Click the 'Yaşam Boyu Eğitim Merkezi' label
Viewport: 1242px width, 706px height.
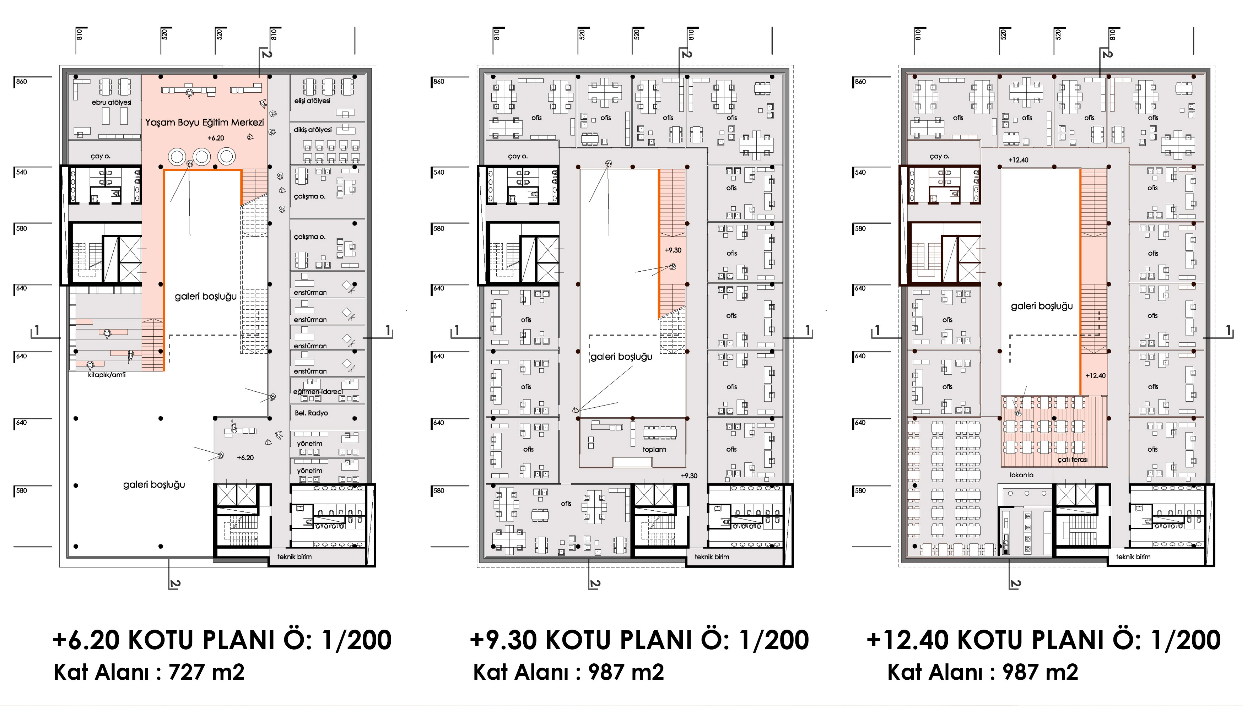coord(204,123)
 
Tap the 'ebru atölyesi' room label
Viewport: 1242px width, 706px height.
coord(112,102)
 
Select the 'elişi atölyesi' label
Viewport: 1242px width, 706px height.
coord(312,101)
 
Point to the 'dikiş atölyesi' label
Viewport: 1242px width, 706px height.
coord(312,130)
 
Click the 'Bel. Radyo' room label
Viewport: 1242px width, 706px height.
coord(311,413)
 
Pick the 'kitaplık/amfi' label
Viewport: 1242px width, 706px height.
coord(107,375)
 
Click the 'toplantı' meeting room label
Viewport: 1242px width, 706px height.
coord(654,450)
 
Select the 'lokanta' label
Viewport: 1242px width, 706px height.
coord(1021,475)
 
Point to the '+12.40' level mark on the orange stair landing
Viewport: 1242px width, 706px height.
coord(1096,376)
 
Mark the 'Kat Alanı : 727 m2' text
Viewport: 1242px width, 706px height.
coord(149,672)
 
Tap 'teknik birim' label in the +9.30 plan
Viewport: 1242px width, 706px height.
coord(712,557)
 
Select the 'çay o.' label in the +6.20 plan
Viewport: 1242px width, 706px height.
coord(101,156)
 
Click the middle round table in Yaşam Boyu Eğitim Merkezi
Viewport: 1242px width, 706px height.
coord(201,157)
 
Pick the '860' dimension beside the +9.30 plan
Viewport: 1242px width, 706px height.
coord(438,81)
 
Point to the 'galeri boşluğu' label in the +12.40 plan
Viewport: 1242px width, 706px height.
coord(1042,306)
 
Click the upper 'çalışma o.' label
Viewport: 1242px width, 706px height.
coord(309,196)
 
